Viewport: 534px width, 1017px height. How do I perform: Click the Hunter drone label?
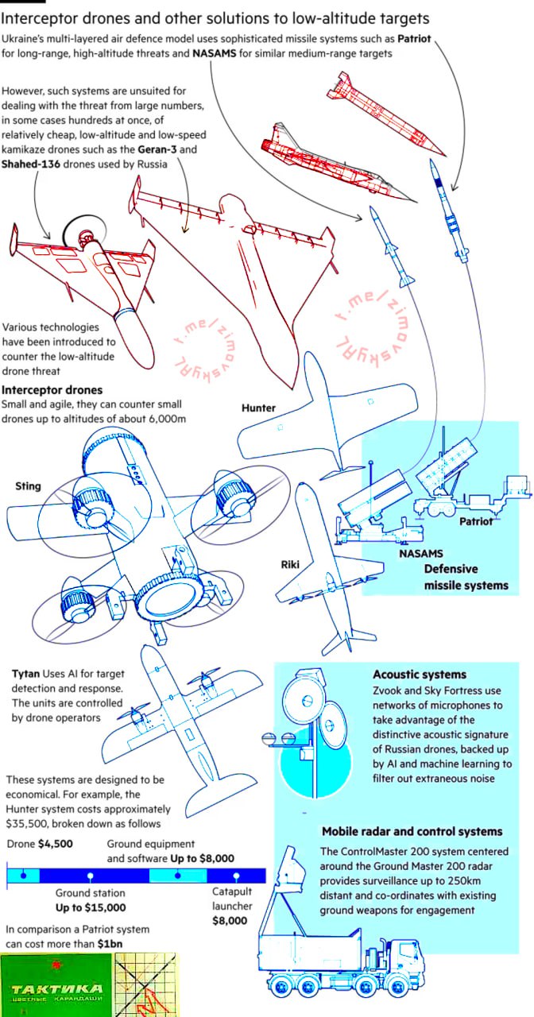pyautogui.click(x=258, y=408)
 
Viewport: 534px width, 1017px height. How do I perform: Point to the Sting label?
pyautogui.click(x=28, y=485)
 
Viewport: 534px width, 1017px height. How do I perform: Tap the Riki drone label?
pyautogui.click(x=289, y=565)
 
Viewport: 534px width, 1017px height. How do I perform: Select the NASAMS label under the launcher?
pyautogui.click(x=420, y=553)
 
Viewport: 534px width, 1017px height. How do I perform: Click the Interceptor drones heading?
pyautogui.click(x=52, y=390)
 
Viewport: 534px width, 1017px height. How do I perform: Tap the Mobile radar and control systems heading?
pyautogui.click(x=412, y=831)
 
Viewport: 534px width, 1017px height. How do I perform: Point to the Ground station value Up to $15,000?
pyautogui.click(x=91, y=907)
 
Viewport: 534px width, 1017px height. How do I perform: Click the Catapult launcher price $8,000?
pyautogui.click(x=230, y=921)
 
